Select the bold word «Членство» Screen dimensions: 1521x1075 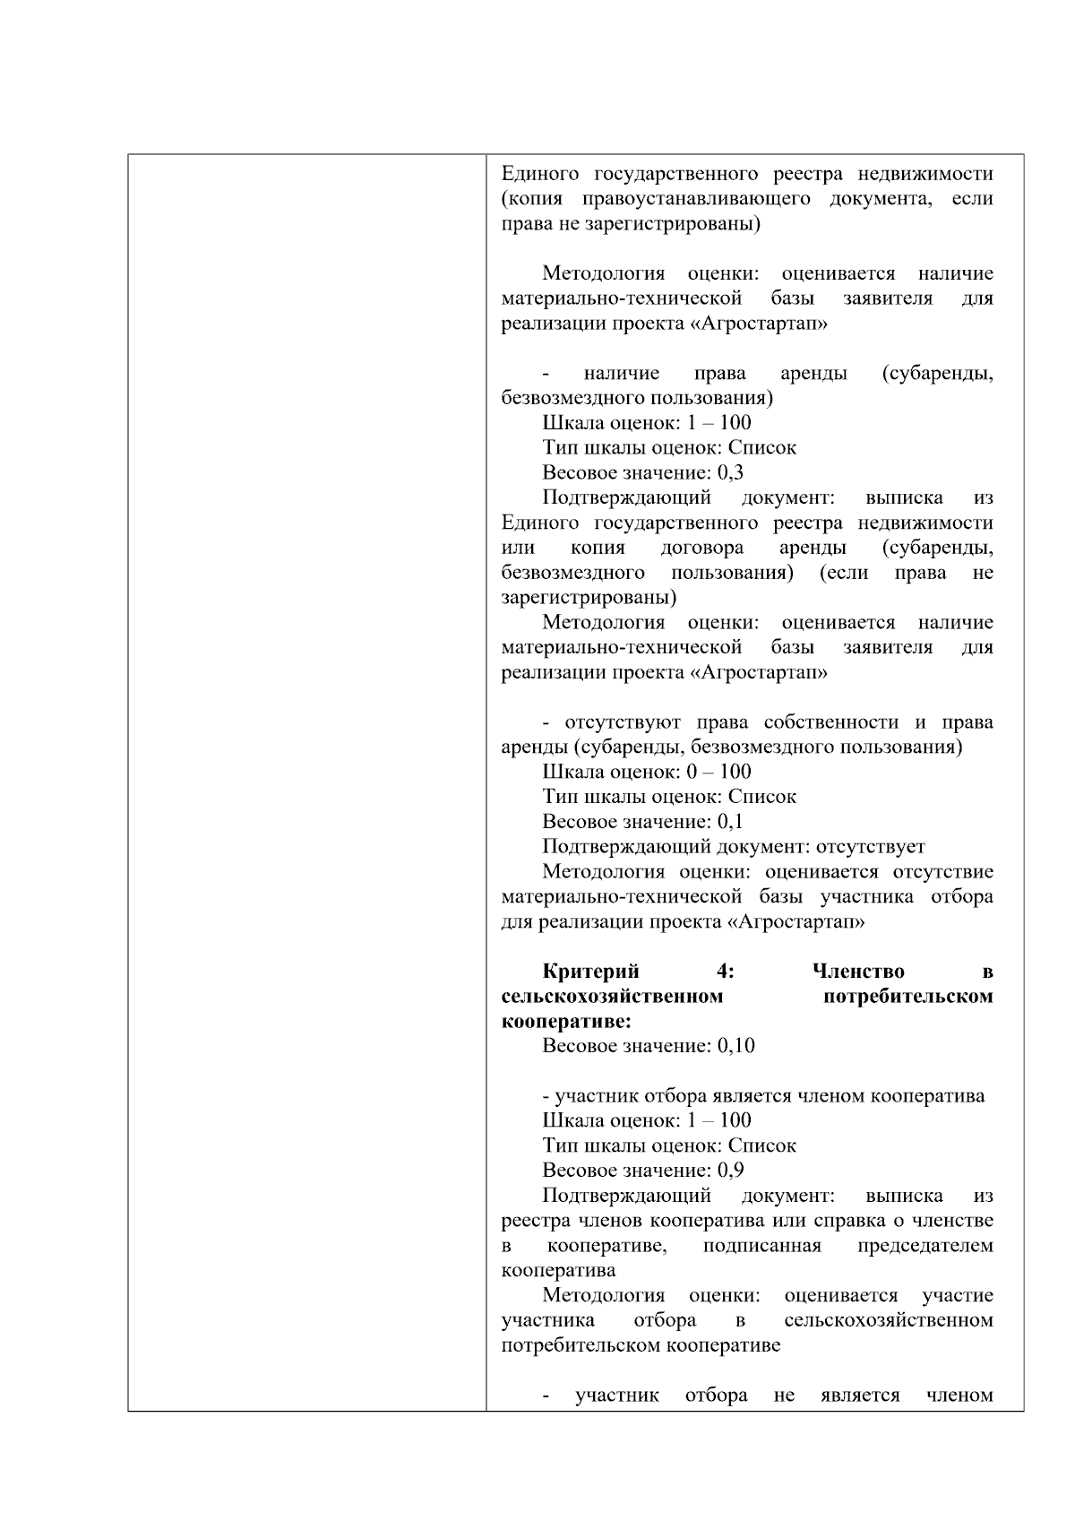click(858, 972)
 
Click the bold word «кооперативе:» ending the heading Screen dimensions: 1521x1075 click(566, 1022)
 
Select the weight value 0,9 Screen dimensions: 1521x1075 click(730, 1171)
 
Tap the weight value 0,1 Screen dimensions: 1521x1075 click(730, 822)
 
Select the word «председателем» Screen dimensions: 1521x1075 click(924, 1246)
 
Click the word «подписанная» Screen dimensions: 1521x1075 click(761, 1246)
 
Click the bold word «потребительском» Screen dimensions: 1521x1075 click(907, 997)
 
